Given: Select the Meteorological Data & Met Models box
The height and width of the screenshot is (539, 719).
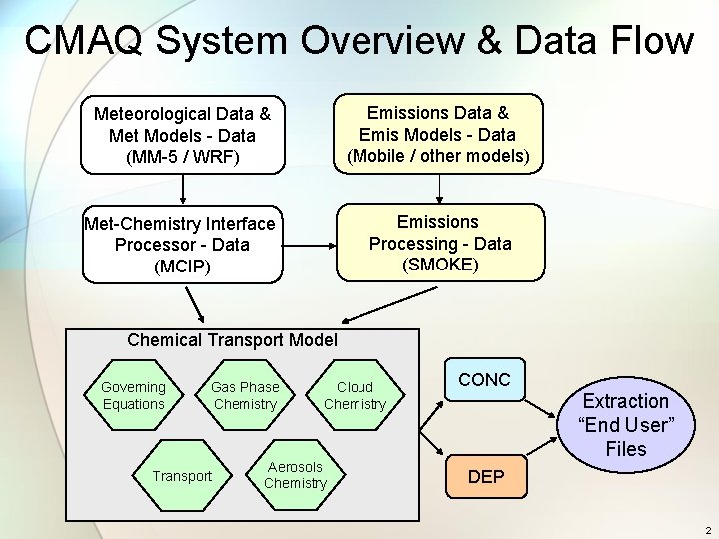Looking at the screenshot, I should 183,135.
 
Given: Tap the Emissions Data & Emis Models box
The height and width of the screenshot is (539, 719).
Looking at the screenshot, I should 438,134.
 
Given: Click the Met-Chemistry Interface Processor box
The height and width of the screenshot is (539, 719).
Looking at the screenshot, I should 181,245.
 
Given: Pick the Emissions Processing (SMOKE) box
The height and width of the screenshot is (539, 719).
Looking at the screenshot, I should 439,243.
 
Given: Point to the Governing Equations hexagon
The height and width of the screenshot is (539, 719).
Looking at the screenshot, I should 134,395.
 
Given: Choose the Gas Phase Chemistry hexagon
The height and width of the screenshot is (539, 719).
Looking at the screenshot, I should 245,395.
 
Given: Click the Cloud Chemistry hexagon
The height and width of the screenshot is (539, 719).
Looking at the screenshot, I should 355,395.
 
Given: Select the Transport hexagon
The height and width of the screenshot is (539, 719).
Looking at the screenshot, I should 182,476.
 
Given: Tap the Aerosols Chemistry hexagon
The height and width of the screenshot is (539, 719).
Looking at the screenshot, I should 295,475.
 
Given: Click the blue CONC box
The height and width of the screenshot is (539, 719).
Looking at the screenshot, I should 484,380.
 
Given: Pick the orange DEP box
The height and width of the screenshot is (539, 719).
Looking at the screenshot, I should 486,477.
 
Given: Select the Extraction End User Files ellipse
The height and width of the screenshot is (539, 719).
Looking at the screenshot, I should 626,425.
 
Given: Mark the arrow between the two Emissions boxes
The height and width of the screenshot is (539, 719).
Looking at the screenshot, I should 438,186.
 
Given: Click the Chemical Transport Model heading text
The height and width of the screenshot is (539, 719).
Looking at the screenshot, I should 232,340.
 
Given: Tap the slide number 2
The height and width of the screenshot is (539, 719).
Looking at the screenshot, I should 707,530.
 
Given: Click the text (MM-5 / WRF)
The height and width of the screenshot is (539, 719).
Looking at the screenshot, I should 183,157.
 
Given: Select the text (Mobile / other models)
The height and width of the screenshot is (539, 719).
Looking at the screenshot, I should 438,156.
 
